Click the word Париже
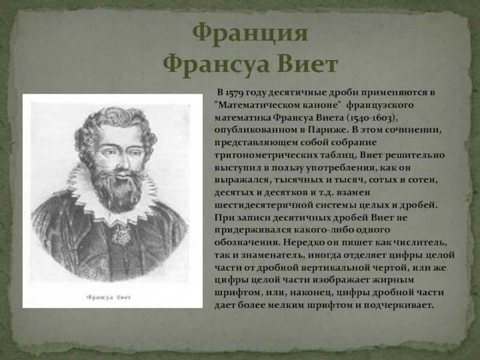point(328,130)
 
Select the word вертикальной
point(335,268)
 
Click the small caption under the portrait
point(109,297)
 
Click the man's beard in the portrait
point(118,190)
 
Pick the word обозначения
point(247,243)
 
